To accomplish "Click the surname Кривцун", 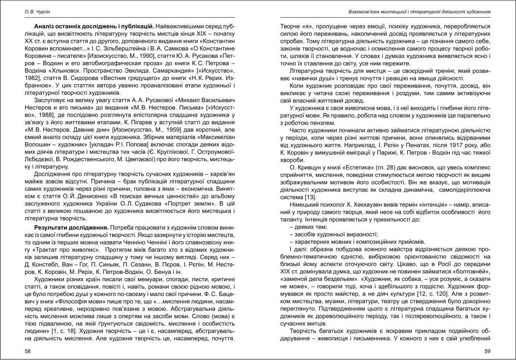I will [308, 181].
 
